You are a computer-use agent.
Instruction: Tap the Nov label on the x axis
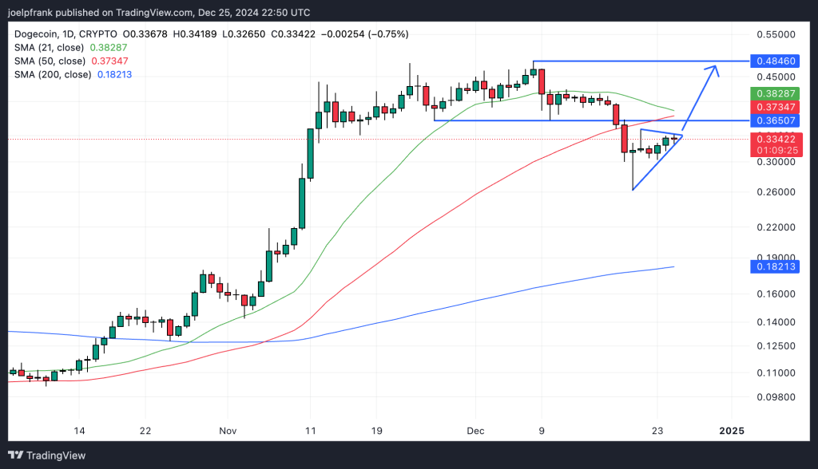(x=228, y=431)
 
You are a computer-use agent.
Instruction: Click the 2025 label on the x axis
(x=732, y=431)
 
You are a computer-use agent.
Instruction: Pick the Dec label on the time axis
(x=475, y=431)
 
